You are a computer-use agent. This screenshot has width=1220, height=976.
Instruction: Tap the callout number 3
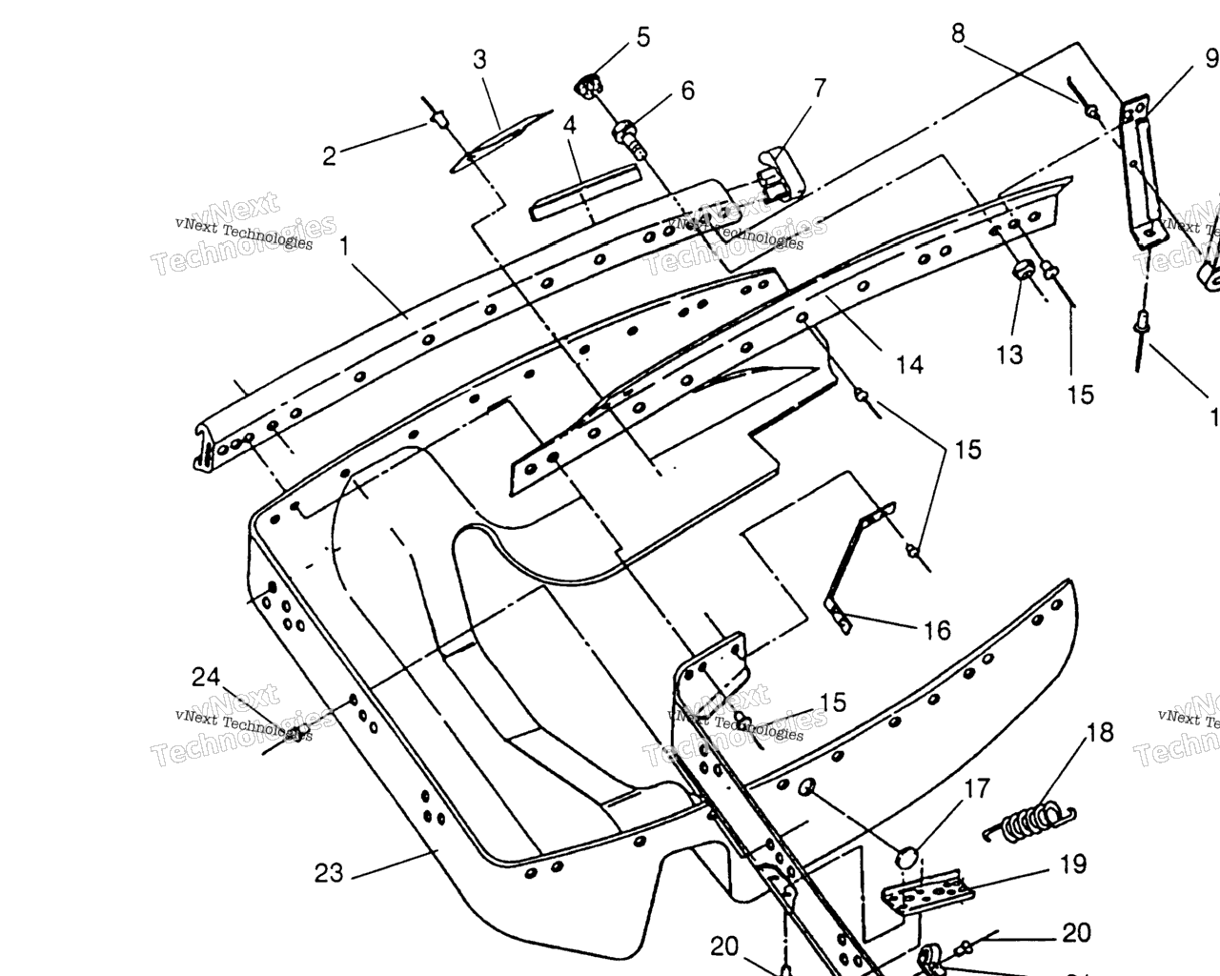(x=479, y=59)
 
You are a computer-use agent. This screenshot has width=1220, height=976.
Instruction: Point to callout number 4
(x=569, y=125)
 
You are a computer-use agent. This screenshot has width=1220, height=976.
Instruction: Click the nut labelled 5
(x=589, y=87)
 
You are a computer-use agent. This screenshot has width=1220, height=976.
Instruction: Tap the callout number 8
(x=958, y=33)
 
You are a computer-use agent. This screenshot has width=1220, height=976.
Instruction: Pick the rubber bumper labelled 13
(x=1022, y=271)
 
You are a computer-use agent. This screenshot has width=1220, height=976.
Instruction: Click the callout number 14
(x=909, y=364)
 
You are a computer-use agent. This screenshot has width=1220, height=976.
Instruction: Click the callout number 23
(x=329, y=872)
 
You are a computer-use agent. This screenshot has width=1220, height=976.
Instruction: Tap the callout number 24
(x=206, y=677)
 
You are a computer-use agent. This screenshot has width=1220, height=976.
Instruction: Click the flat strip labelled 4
(x=584, y=193)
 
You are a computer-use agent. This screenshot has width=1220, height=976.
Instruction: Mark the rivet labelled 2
(x=439, y=119)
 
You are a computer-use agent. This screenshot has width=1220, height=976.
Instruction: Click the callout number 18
(x=1099, y=732)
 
